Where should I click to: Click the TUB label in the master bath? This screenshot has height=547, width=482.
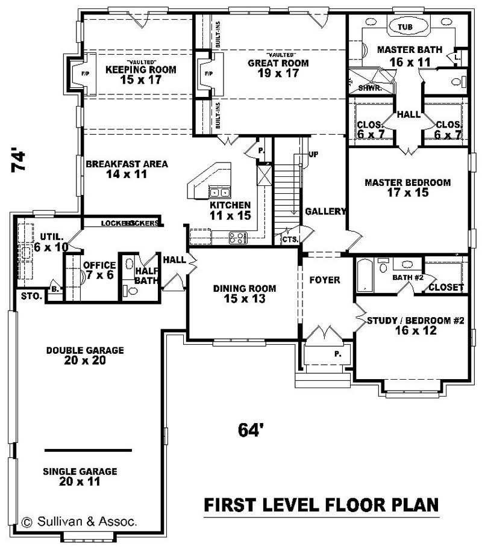click(x=405, y=27)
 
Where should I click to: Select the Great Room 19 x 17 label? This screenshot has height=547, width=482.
click(x=278, y=67)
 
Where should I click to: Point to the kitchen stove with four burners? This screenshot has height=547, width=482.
click(x=239, y=236)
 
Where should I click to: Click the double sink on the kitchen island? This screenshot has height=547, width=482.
click(x=220, y=193)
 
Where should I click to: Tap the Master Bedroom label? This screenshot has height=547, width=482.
click(x=408, y=187)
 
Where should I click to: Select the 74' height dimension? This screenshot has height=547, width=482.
click(x=19, y=161)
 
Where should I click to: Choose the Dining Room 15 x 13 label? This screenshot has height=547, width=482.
click(x=244, y=293)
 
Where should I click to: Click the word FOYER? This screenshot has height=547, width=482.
click(x=325, y=280)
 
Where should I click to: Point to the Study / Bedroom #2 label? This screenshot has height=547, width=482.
click(x=415, y=325)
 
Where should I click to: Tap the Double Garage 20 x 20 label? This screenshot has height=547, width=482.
click(x=84, y=355)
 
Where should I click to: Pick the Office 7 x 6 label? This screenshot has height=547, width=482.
click(x=99, y=270)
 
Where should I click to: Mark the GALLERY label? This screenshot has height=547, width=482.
click(x=325, y=211)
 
